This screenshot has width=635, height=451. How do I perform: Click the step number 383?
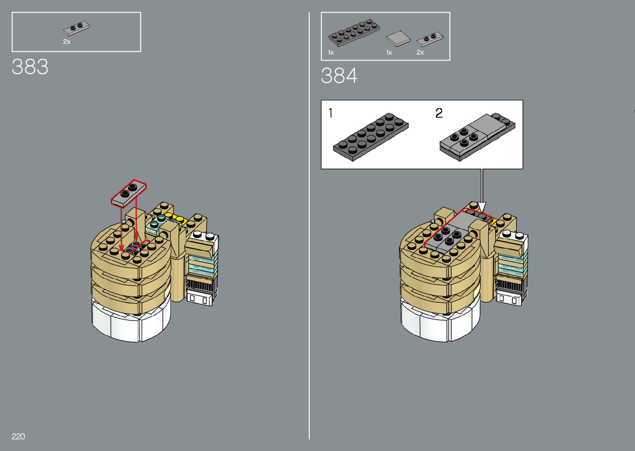tap(30, 67)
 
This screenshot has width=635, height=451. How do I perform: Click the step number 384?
tap(339, 76)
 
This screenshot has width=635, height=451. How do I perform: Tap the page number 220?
tap(18, 436)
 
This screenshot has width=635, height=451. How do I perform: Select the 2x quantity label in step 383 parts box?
tap(67, 41)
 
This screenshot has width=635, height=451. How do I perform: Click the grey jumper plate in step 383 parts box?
tap(76, 28)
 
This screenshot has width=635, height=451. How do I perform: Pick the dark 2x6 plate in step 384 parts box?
tap(354, 33)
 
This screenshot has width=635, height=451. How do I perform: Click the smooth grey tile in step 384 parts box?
tap(398, 39)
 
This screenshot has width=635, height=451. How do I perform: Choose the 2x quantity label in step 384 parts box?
tap(420, 52)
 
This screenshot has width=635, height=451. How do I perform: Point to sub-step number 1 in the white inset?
tap(331, 113)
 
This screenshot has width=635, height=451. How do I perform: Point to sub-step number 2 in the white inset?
tap(439, 113)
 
